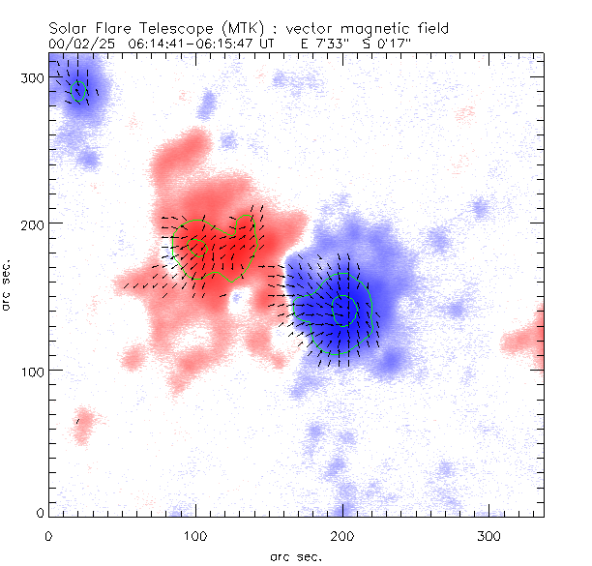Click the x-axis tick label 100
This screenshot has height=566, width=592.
195,535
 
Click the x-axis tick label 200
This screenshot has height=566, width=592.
342,535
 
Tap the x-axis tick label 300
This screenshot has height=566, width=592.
490,535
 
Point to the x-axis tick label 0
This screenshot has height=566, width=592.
48,535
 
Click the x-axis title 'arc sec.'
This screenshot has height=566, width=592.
296,555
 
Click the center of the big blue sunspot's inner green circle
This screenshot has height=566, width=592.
343,309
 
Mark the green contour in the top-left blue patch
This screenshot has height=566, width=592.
78,90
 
